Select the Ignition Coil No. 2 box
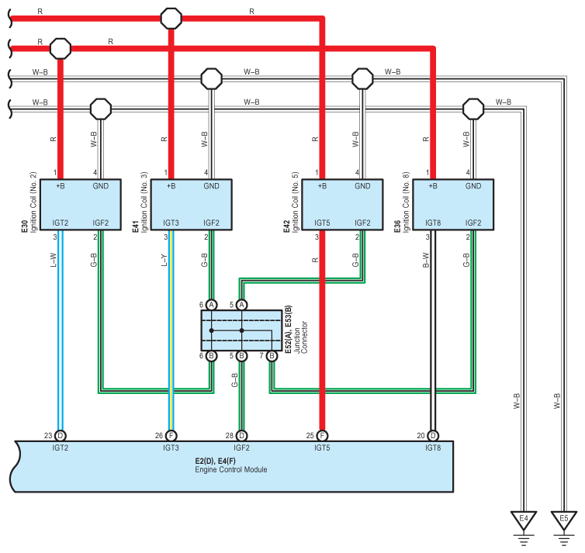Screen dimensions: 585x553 tap(80, 204)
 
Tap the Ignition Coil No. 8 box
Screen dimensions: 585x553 tap(453, 204)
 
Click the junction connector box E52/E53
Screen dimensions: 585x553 tap(241, 330)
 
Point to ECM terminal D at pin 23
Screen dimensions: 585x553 tap(60, 436)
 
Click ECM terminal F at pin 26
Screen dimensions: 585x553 tap(171, 436)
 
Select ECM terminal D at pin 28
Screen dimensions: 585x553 tap(242, 436)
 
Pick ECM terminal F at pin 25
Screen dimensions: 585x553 tap(322, 436)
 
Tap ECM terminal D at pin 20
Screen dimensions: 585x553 tap(433, 436)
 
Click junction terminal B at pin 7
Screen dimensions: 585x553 tap(272, 356)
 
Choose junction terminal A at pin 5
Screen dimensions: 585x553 tap(242, 305)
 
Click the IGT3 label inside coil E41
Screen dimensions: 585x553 tap(171, 223)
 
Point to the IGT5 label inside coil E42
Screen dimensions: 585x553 tap(322, 223)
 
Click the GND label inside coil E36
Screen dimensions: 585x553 tap(473, 186)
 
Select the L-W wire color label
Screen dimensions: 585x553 tap(53, 260)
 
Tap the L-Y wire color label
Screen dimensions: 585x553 tap(164, 260)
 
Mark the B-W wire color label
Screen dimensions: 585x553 tap(426, 260)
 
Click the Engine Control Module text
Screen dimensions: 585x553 tap(231, 469)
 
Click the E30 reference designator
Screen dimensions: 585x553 tap(25, 226)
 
